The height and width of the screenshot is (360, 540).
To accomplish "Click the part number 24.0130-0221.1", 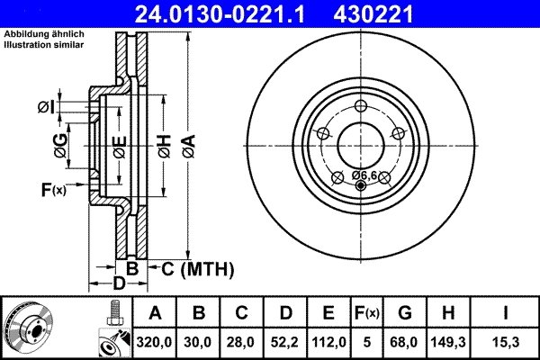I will pyautogui.click(x=232, y=13).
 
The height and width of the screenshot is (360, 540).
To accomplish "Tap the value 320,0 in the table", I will pyautogui.click(x=156, y=341).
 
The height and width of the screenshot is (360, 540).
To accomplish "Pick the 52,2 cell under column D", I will pyautogui.click(x=285, y=341).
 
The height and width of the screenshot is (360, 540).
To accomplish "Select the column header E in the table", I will pyautogui.click(x=328, y=313).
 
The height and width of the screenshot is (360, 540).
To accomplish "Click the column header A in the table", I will pyautogui.click(x=156, y=313).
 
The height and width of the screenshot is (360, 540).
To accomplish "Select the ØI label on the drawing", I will pyautogui.click(x=47, y=108).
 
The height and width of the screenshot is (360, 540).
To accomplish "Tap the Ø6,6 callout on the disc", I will pyautogui.click(x=364, y=174).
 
